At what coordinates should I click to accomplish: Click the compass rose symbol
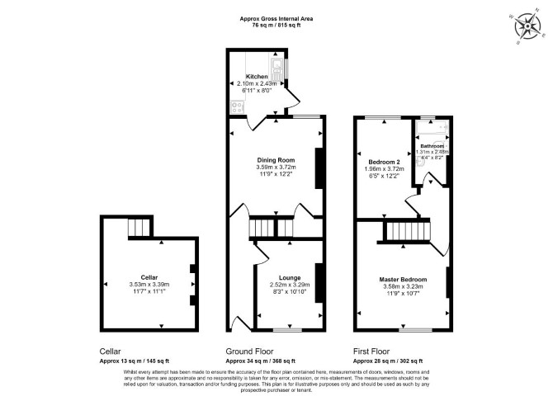(527, 26)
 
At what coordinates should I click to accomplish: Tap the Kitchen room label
(257, 77)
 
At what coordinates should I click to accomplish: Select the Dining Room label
(276, 160)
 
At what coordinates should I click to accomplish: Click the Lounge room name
(290, 278)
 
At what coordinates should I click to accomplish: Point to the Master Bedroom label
(403, 280)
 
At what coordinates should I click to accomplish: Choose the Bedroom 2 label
(384, 162)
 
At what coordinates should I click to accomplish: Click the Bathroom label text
(432, 146)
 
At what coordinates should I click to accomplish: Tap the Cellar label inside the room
(149, 277)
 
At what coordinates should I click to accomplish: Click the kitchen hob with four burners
(237, 107)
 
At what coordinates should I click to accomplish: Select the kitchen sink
(276, 69)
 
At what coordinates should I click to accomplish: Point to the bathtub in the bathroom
(432, 129)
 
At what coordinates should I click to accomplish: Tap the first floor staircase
(409, 231)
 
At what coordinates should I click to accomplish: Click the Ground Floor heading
(250, 351)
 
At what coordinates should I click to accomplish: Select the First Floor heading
(371, 351)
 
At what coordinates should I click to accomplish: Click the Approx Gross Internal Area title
(276, 19)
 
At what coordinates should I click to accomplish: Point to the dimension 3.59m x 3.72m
(276, 167)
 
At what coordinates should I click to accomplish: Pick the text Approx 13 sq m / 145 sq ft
(135, 361)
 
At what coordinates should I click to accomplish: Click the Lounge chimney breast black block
(319, 283)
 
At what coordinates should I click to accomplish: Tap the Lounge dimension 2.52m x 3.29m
(290, 285)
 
